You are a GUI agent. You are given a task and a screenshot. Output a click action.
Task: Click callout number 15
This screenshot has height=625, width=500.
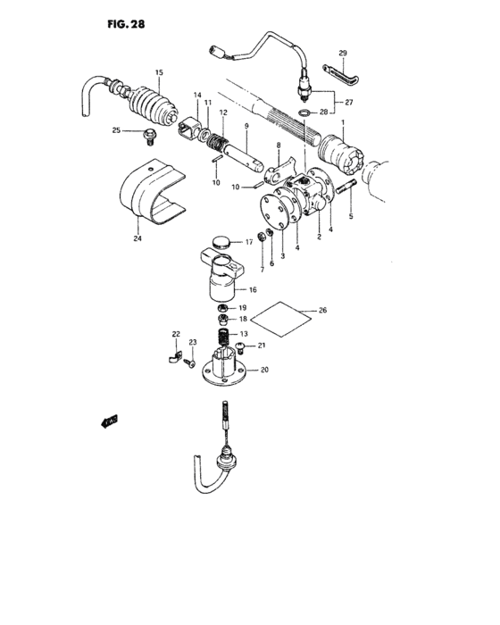159,72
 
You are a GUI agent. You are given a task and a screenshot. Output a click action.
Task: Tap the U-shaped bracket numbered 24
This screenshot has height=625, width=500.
150,191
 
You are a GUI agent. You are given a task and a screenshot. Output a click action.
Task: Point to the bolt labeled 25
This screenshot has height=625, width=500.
149,136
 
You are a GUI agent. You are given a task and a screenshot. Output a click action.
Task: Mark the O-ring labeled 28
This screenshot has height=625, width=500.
305,113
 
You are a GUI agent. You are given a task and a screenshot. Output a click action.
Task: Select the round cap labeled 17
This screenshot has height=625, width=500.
221,240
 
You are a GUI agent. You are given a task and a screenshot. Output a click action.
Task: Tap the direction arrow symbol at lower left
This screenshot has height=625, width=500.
110,422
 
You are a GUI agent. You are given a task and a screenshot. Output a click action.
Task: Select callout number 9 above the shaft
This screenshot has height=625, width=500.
245,127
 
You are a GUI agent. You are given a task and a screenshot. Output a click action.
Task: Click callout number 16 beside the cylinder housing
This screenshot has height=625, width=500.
254,289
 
